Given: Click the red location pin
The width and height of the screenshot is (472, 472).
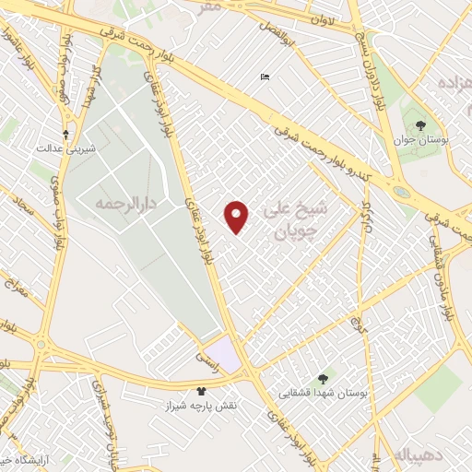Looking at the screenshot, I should click(x=237, y=216).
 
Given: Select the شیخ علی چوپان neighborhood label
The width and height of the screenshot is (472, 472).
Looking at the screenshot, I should click(x=302, y=219).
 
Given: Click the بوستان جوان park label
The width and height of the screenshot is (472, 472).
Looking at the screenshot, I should click(x=421, y=139).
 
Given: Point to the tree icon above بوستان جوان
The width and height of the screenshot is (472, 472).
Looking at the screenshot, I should click(x=421, y=124).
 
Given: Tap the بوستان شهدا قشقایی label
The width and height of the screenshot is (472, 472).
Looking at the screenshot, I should click(x=324, y=394).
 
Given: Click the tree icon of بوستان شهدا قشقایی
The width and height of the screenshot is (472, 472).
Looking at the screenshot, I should click(x=323, y=379).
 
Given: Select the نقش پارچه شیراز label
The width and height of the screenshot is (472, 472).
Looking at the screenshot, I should click(x=201, y=407).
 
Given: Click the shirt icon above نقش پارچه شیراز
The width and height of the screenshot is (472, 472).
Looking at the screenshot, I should click(x=201, y=392).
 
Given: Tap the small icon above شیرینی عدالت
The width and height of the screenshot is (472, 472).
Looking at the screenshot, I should click(x=66, y=133).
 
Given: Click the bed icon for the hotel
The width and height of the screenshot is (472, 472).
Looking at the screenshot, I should click(x=265, y=77).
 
